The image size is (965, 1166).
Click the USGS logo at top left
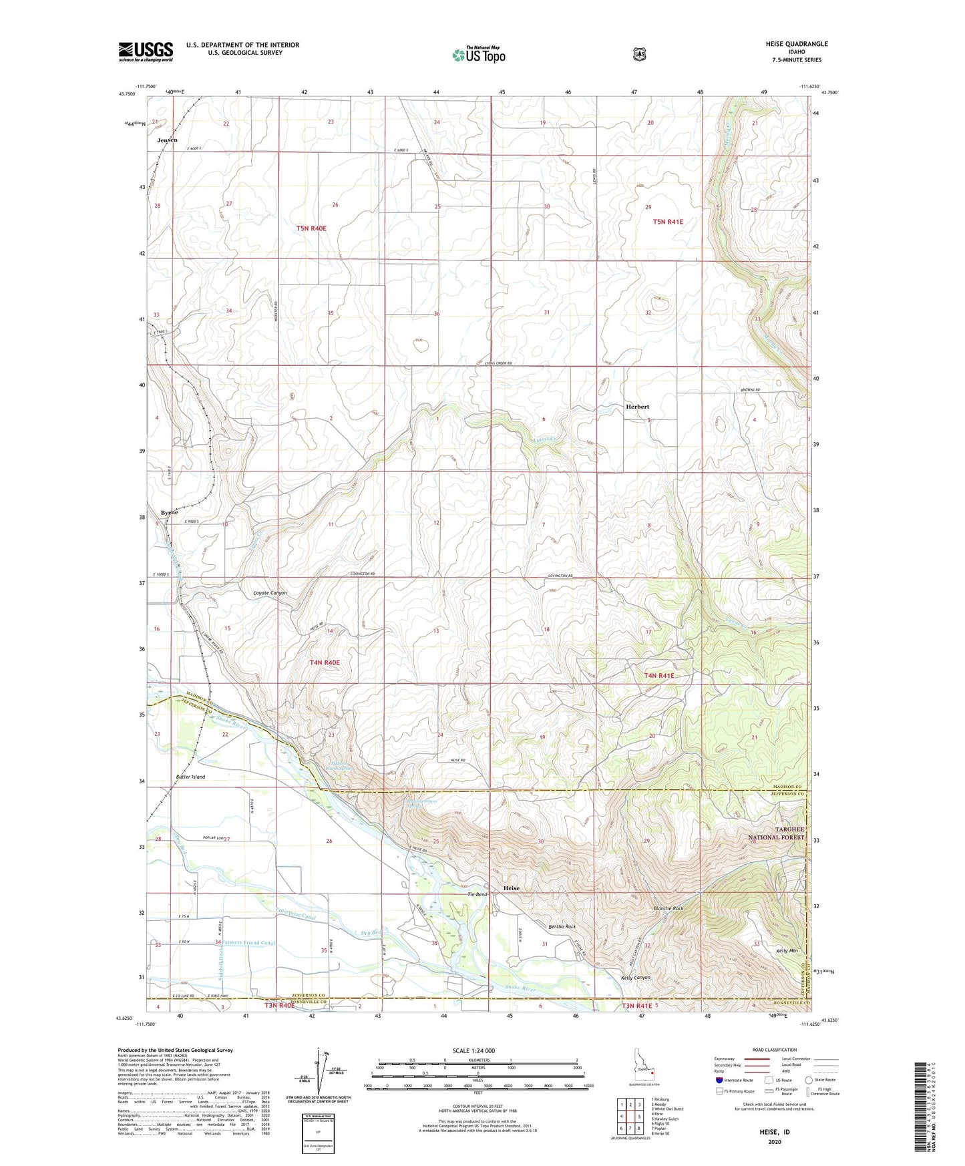pyautogui.click(x=146, y=51)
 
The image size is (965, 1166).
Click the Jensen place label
pyautogui.click(x=168, y=140)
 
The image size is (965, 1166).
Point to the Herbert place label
pyautogui.click(x=637, y=406)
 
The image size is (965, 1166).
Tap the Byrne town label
pyautogui.click(x=169, y=512)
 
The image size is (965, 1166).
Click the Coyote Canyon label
pyautogui.click(x=270, y=593)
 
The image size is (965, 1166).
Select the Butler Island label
pyautogui.click(x=190, y=777)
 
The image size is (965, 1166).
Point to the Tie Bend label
pyautogui.click(x=477, y=894)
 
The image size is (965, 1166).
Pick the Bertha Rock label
pyautogui.click(x=562, y=927)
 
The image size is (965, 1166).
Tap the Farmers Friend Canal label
pyautogui.click(x=249, y=943)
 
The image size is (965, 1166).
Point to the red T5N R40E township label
pyautogui.click(x=311, y=228)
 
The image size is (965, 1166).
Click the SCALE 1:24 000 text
pyautogui.click(x=473, y=1050)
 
